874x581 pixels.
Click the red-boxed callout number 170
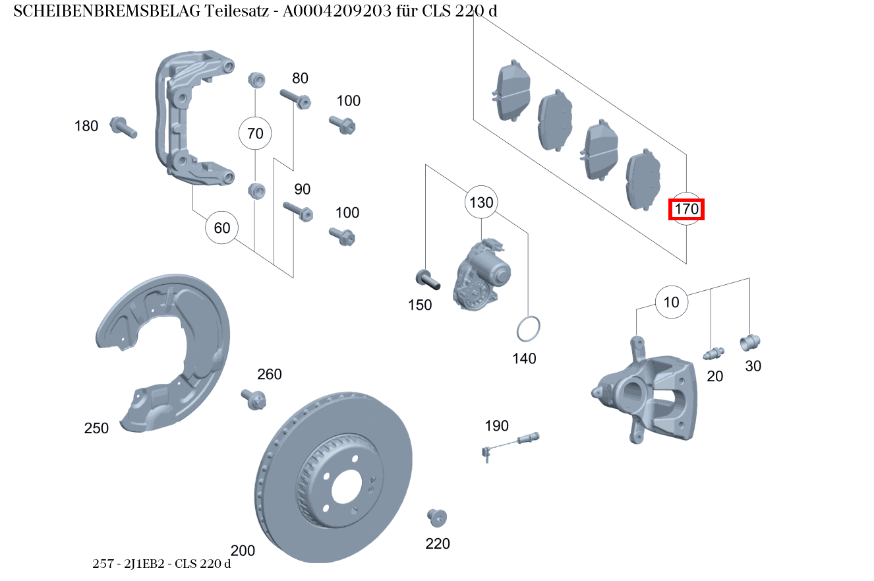pyautogui.click(x=686, y=210)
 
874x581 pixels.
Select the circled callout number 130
pyautogui.click(x=481, y=202)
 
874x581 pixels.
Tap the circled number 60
pyautogui.click(x=222, y=228)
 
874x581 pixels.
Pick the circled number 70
pyautogui.click(x=255, y=134)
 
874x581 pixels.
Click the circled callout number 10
pyautogui.click(x=671, y=303)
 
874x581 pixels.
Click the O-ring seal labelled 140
pyautogui.click(x=529, y=329)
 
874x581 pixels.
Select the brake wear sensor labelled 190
pyautogui.click(x=511, y=443)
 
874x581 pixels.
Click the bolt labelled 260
pyautogui.click(x=255, y=398)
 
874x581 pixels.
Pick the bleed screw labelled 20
pyautogui.click(x=713, y=353)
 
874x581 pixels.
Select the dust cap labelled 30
pyautogui.click(x=750, y=342)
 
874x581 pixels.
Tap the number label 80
pyautogui.click(x=300, y=78)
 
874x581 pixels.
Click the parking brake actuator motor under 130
pyautogui.click(x=481, y=274)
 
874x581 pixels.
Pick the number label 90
pyautogui.click(x=302, y=190)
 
